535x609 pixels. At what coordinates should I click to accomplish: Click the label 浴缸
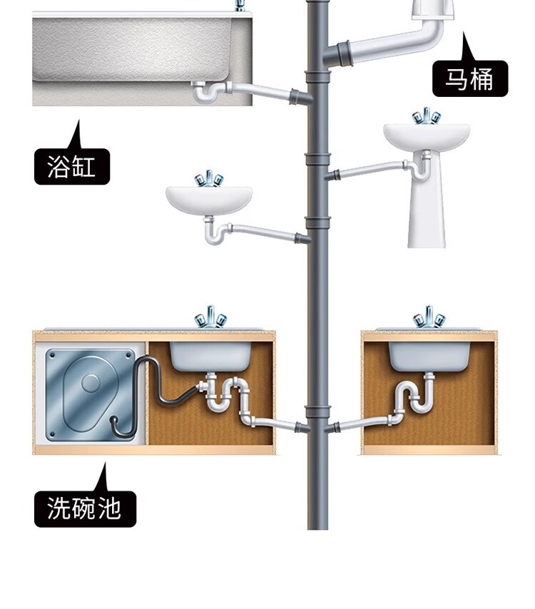point(71,167)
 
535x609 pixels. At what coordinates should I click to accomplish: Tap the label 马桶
point(470,78)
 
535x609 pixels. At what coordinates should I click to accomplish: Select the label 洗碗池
point(84,509)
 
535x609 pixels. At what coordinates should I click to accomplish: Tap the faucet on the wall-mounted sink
point(210,178)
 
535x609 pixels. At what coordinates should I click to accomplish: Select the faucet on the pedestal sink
point(427,116)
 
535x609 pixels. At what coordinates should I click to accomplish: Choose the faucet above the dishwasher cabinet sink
point(211,317)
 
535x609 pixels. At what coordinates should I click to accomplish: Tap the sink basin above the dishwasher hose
point(210,355)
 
